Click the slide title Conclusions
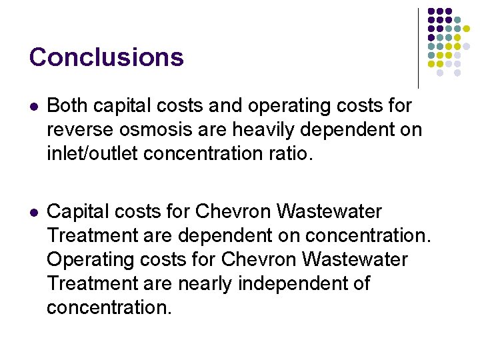click(x=106, y=57)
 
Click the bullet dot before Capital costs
click(x=34, y=213)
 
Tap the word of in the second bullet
click(x=361, y=284)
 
